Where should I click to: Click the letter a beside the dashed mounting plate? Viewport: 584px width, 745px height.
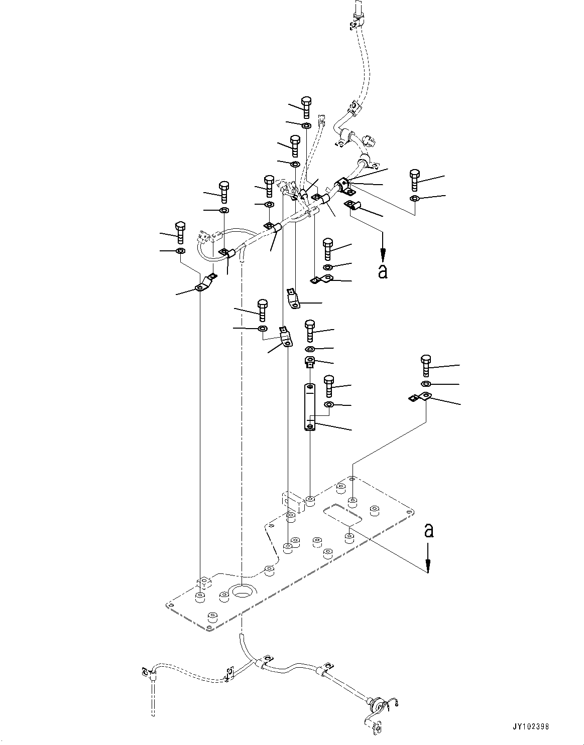tap(428, 530)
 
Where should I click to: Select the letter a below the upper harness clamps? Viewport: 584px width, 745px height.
tap(383, 271)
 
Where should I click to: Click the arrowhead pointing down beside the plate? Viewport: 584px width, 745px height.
tap(428, 567)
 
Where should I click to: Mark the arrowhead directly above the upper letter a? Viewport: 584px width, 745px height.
tap(383, 253)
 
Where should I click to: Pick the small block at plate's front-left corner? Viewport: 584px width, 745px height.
tap(204, 583)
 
